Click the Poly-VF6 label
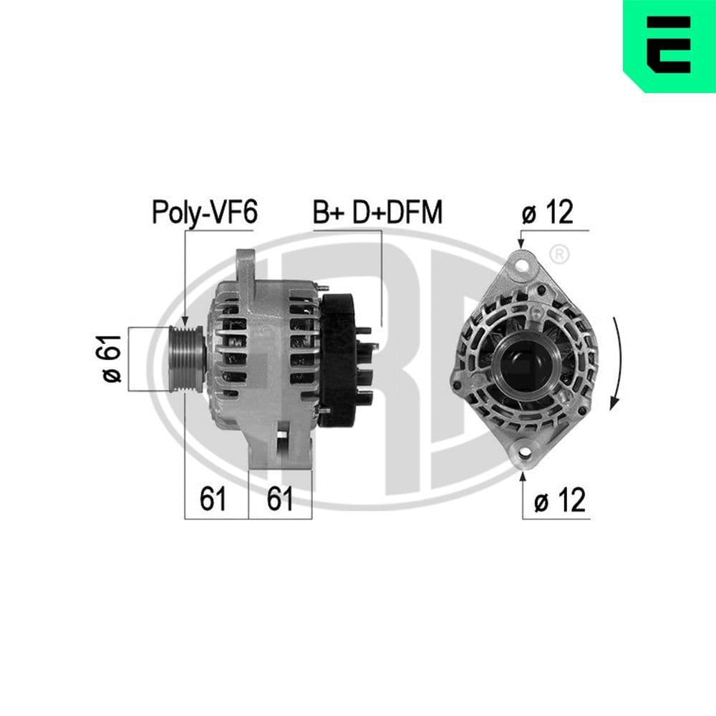tap(203, 213)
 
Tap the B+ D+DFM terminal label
tap(378, 213)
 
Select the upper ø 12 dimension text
tap(548, 213)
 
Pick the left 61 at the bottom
tap(213, 498)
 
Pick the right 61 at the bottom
tap(280, 498)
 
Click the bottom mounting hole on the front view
tap(524, 453)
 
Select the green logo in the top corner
tap(670, 45)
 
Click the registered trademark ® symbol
tap(560, 253)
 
